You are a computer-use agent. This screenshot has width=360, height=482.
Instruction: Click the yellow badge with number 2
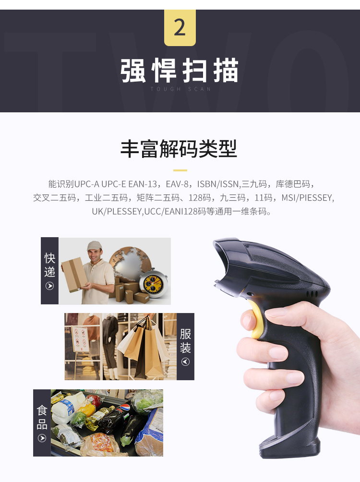180,28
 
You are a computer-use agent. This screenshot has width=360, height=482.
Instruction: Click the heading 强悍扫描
180,71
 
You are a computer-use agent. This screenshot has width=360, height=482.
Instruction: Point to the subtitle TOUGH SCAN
180,89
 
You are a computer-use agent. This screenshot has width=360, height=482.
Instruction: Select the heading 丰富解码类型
179,149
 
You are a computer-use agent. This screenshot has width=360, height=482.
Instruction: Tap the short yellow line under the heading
180,170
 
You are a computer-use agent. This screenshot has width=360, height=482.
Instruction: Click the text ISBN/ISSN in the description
217,184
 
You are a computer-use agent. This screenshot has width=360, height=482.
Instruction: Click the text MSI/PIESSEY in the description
307,197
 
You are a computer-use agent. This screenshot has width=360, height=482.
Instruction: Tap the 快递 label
49,265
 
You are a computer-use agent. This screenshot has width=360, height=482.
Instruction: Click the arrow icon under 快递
49,286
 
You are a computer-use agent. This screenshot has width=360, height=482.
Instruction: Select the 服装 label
185,340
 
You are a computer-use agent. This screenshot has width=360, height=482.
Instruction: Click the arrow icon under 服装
185,362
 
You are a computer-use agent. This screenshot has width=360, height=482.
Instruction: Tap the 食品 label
42,417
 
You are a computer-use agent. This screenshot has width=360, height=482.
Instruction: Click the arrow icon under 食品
42,438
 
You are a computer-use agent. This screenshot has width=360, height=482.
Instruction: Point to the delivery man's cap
94,245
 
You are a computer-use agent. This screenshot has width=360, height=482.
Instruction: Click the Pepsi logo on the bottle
125,408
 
